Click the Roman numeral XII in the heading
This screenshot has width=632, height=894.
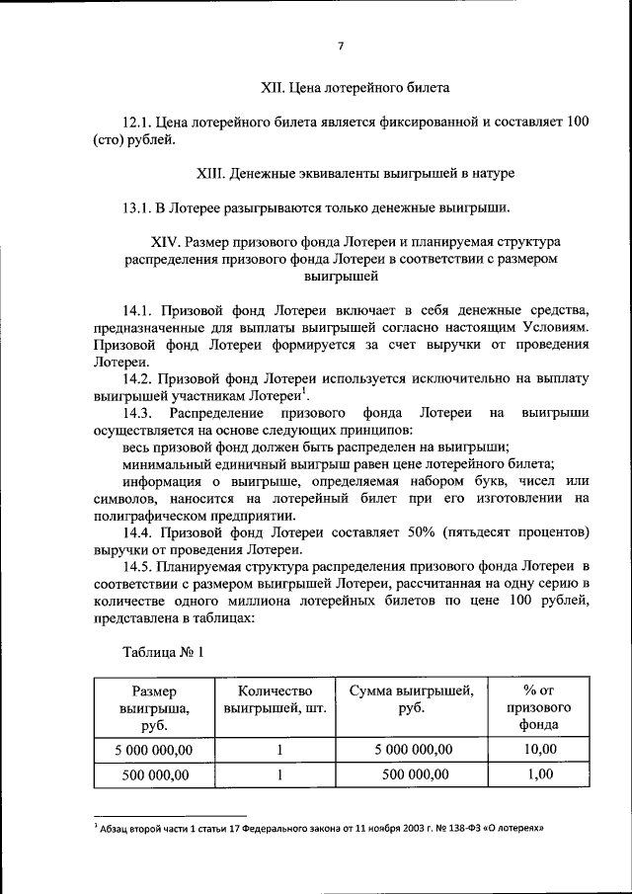coord(271,88)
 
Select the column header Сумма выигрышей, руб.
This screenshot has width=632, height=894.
coord(412,699)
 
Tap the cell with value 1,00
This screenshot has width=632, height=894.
coord(541,774)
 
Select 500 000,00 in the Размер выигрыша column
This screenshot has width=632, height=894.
coord(154,774)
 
